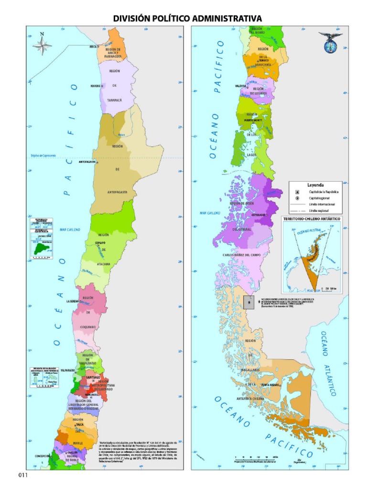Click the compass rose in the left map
pos(42,45)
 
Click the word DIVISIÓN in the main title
pos(133,18)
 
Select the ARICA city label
pos(93,47)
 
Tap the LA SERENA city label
pos(76,301)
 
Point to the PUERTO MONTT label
pos(254,121)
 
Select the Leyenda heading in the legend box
pos(315,185)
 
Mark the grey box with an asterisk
pos(248,302)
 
